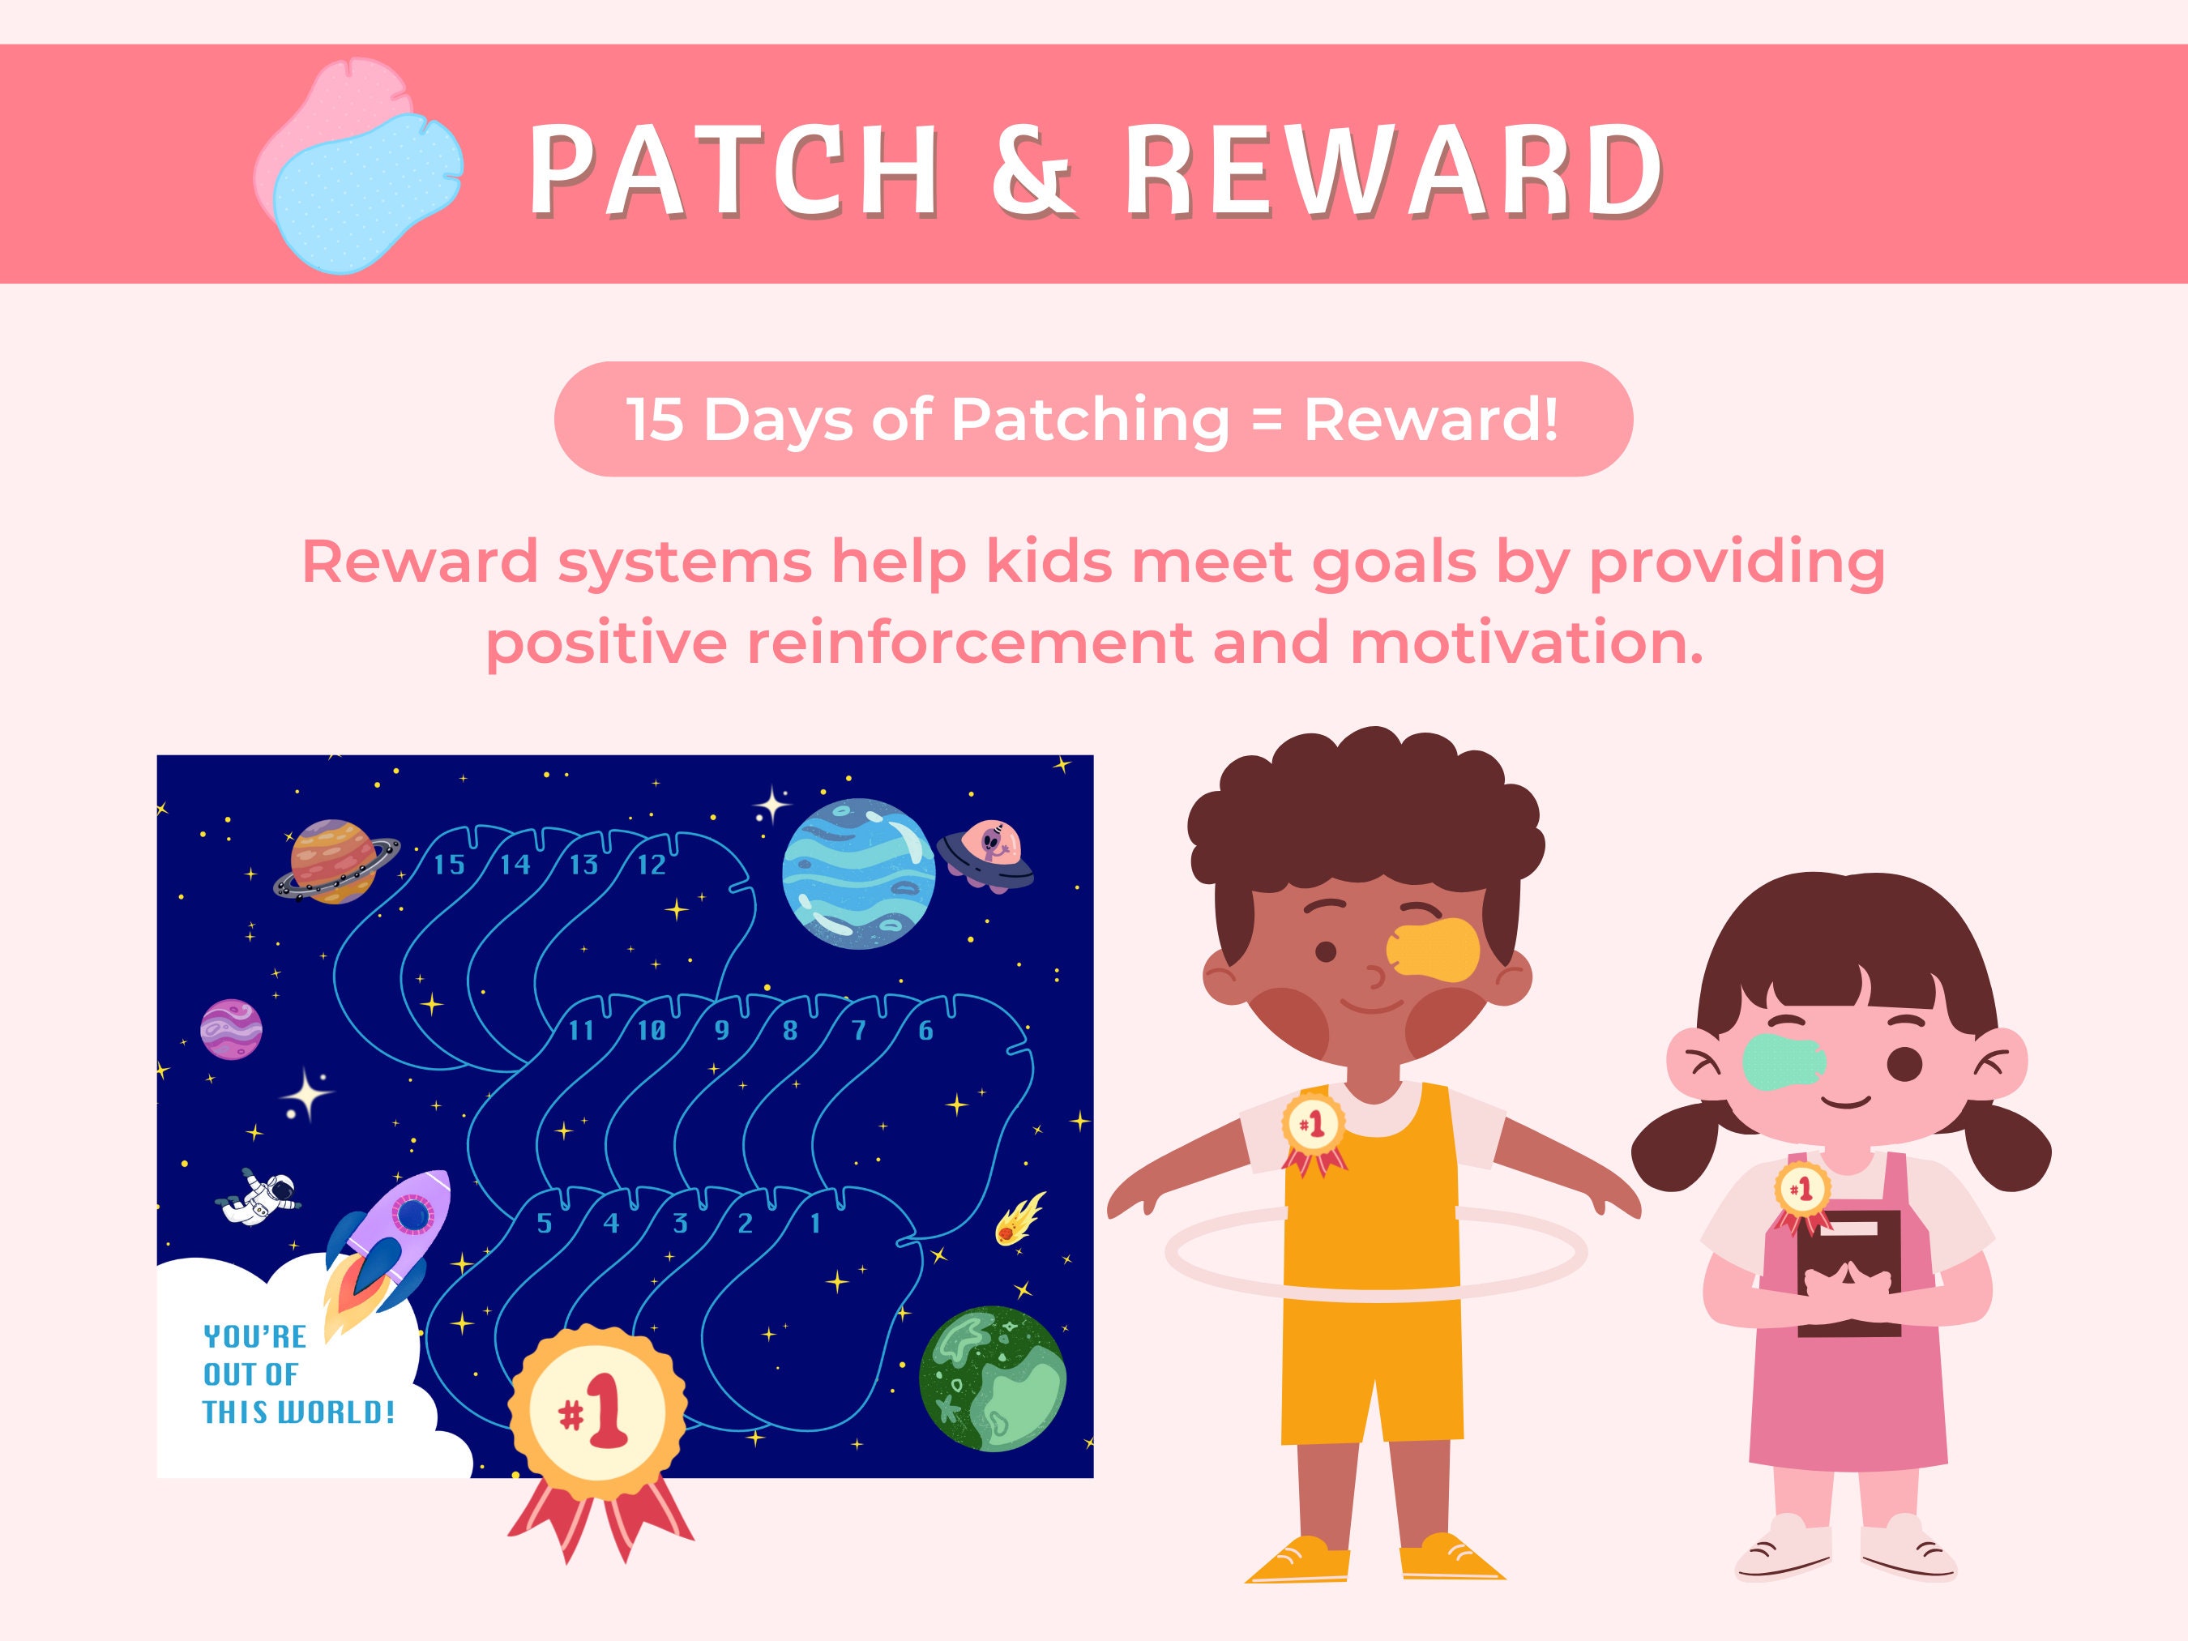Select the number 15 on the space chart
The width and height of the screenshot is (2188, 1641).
tap(449, 865)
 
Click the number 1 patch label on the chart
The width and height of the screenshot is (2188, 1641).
tap(815, 1224)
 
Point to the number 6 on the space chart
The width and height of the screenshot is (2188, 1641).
tap(925, 1032)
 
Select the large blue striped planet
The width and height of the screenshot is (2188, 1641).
tap(858, 874)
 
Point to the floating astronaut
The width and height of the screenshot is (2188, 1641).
tap(259, 1195)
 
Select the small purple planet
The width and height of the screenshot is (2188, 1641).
tap(232, 1028)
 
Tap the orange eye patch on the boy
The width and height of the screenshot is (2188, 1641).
tap(1434, 951)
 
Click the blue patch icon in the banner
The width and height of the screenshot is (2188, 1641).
tap(366, 192)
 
